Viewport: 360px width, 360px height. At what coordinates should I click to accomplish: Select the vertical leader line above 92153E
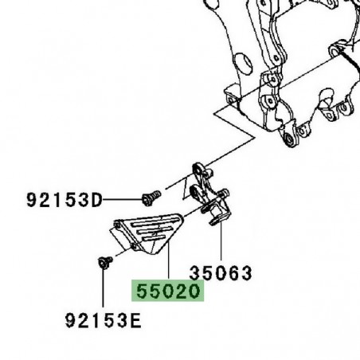click(x=104, y=291)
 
